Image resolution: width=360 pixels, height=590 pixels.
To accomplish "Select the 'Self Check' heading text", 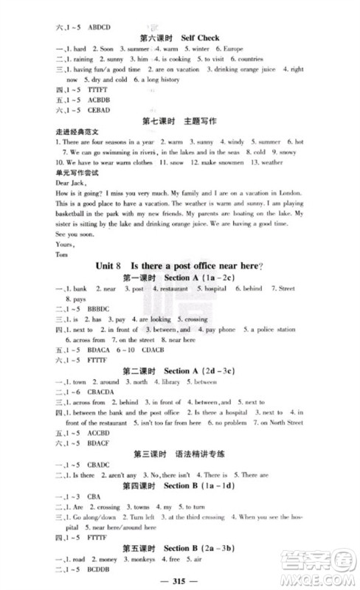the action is click(x=192, y=35).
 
